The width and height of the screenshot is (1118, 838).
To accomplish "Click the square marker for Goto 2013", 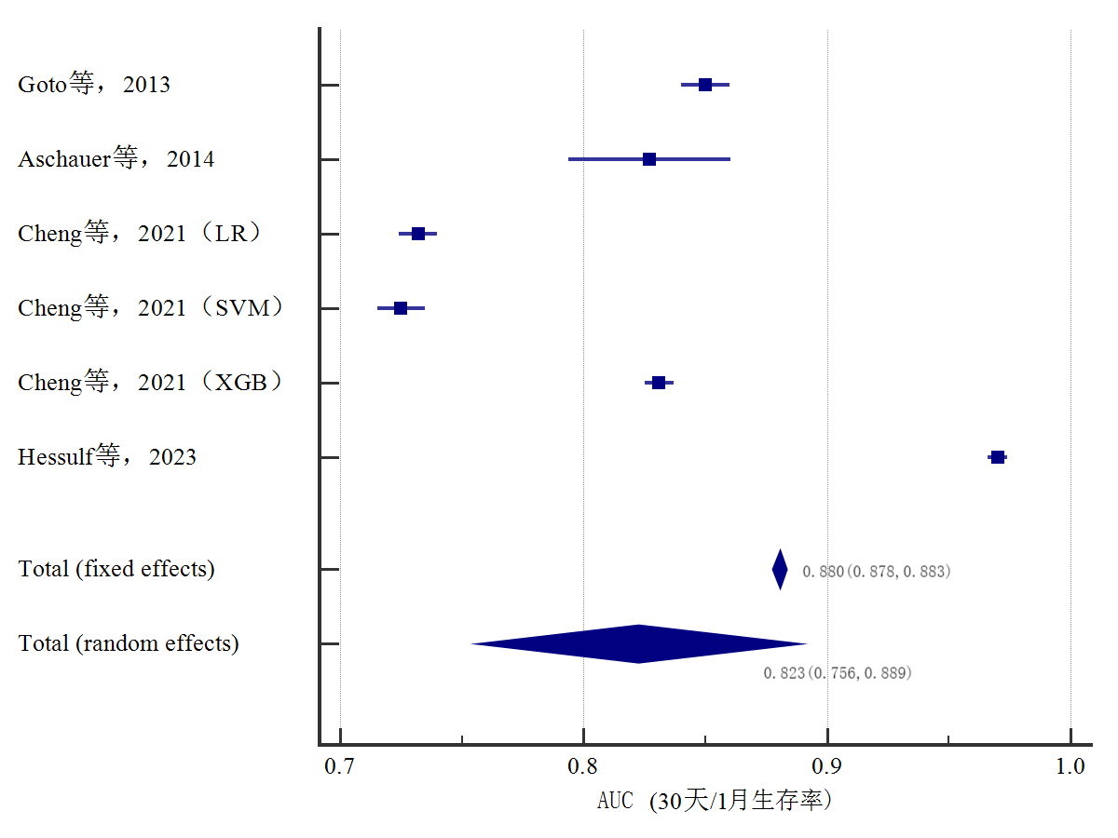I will (x=705, y=85).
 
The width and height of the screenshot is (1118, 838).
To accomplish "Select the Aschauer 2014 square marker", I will (x=649, y=159).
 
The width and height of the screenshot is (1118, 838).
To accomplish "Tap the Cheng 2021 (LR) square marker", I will (x=418, y=234).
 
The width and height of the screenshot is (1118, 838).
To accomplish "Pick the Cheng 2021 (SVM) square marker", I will (x=401, y=308).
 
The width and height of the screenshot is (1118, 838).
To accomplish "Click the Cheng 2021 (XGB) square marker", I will (x=659, y=383).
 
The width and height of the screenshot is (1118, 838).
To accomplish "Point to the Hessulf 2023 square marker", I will (x=998, y=457).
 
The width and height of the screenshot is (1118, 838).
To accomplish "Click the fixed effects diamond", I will (x=780, y=569).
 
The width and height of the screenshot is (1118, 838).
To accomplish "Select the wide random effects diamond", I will (x=639, y=643).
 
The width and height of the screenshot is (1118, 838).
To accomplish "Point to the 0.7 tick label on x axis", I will (x=340, y=767).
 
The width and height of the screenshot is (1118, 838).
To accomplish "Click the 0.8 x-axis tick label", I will (x=583, y=767).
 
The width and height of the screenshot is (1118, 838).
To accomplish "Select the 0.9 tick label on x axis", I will (x=827, y=767).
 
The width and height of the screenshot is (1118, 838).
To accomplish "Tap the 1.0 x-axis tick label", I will (x=1070, y=767).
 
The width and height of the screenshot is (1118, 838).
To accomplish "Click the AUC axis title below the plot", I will (x=714, y=801).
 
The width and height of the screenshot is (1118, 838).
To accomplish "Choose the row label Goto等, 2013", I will (x=94, y=85).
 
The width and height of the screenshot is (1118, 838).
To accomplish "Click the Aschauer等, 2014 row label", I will (x=116, y=159).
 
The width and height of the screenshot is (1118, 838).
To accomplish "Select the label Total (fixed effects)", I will (x=116, y=569).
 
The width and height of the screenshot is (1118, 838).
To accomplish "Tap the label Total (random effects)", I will (x=129, y=643).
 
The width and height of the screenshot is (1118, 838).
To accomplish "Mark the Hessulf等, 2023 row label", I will (x=107, y=457).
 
